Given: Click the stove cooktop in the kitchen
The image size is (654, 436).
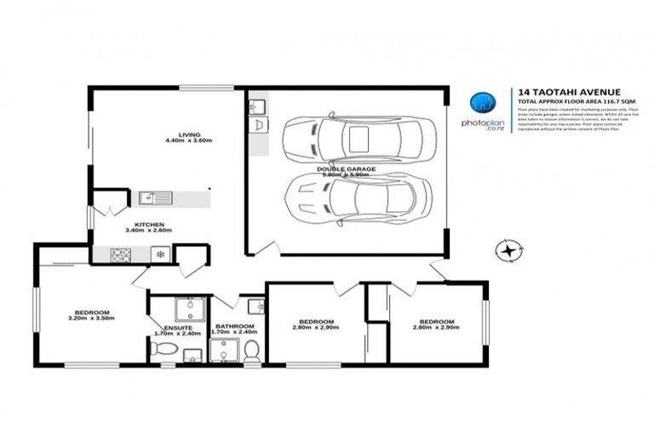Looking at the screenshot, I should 118,254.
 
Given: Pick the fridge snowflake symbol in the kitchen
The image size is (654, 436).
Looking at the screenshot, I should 158,254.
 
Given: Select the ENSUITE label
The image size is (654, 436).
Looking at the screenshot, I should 178,327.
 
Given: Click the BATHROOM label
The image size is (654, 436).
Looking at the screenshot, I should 234,326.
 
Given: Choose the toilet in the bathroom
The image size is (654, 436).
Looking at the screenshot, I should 251,350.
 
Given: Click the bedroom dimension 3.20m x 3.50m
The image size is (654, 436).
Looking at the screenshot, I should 92,318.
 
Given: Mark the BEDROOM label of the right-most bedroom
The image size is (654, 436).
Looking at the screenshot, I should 433,321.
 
